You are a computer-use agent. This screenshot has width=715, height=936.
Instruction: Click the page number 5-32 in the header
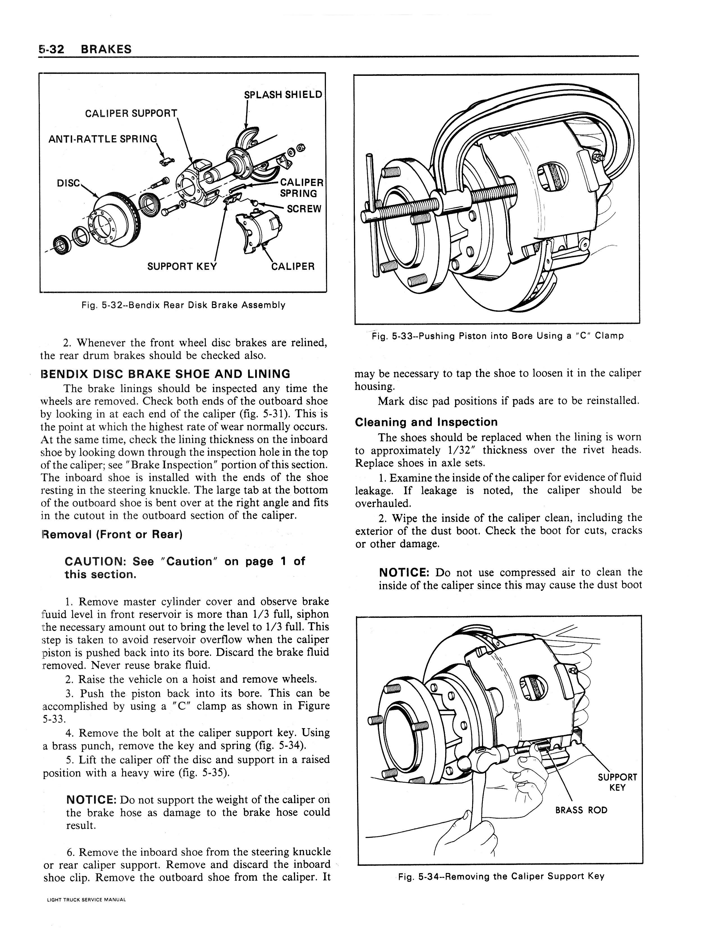tap(51, 49)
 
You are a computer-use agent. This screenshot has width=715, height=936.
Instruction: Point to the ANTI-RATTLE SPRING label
tap(102, 139)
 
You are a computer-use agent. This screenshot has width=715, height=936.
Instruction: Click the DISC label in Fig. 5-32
tap(68, 183)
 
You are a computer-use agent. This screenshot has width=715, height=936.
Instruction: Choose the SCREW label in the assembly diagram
tap(304, 209)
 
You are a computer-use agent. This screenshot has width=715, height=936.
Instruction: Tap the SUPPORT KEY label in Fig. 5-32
tap(182, 267)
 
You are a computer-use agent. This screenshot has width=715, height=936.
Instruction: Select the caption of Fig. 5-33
tap(497, 336)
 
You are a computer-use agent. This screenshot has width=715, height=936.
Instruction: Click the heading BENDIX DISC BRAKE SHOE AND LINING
tap(165, 374)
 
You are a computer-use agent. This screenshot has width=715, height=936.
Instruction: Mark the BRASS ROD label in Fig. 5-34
tap(581, 810)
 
